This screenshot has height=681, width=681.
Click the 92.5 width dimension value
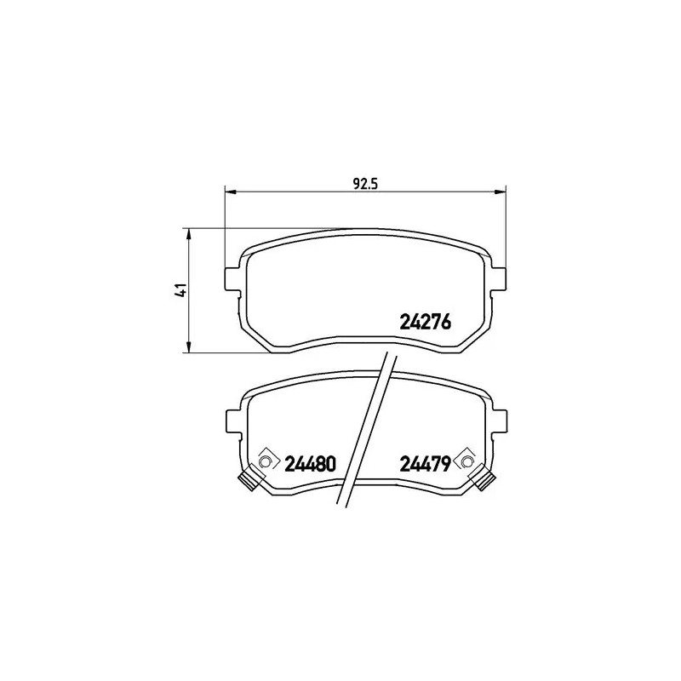365,180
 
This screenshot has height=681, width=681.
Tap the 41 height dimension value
179,290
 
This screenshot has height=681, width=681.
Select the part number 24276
424,323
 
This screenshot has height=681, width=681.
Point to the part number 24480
311,464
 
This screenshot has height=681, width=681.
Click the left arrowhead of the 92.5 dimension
228,191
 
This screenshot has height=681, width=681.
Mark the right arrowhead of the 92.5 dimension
501,191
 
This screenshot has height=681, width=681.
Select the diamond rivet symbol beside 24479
466,461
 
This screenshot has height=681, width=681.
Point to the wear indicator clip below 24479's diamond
484,481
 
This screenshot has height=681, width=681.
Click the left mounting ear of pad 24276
232,278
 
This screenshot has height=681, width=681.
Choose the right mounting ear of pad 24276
500,278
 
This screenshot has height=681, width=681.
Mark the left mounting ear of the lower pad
232,421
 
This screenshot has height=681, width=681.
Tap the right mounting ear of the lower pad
500,421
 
